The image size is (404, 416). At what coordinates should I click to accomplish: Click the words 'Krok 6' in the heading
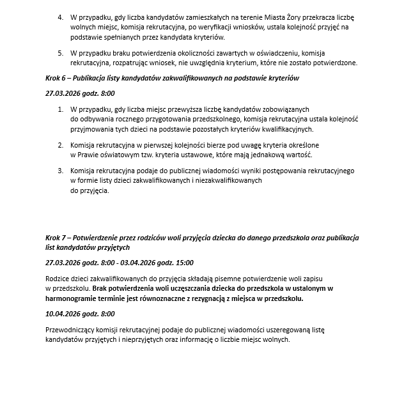point(56,78)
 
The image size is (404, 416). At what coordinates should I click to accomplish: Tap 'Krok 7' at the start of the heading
point(56,238)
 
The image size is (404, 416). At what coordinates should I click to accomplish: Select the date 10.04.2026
point(63,314)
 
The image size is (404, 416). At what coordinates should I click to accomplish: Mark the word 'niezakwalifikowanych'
point(229,181)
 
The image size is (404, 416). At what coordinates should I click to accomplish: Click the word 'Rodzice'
point(58,279)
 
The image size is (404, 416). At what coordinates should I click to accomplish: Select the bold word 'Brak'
point(101,288)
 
